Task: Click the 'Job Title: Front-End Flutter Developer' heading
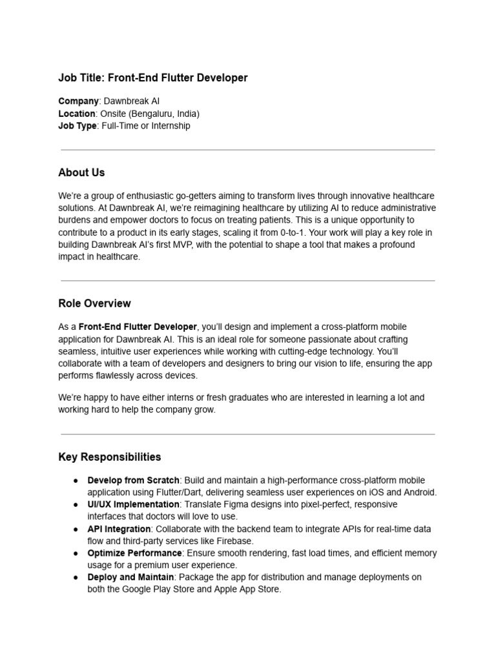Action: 153,78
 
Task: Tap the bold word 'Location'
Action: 77,114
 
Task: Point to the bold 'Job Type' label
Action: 77,126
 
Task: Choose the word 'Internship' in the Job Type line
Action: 170,126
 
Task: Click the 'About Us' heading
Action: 81,173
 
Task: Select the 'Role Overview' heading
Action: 94,303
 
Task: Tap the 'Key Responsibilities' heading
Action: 110,457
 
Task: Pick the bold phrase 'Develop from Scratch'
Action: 133,480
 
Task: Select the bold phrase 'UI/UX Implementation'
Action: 134,504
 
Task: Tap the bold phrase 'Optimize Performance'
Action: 134,553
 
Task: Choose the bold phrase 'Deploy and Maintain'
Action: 130,577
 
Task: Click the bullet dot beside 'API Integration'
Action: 75,529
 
